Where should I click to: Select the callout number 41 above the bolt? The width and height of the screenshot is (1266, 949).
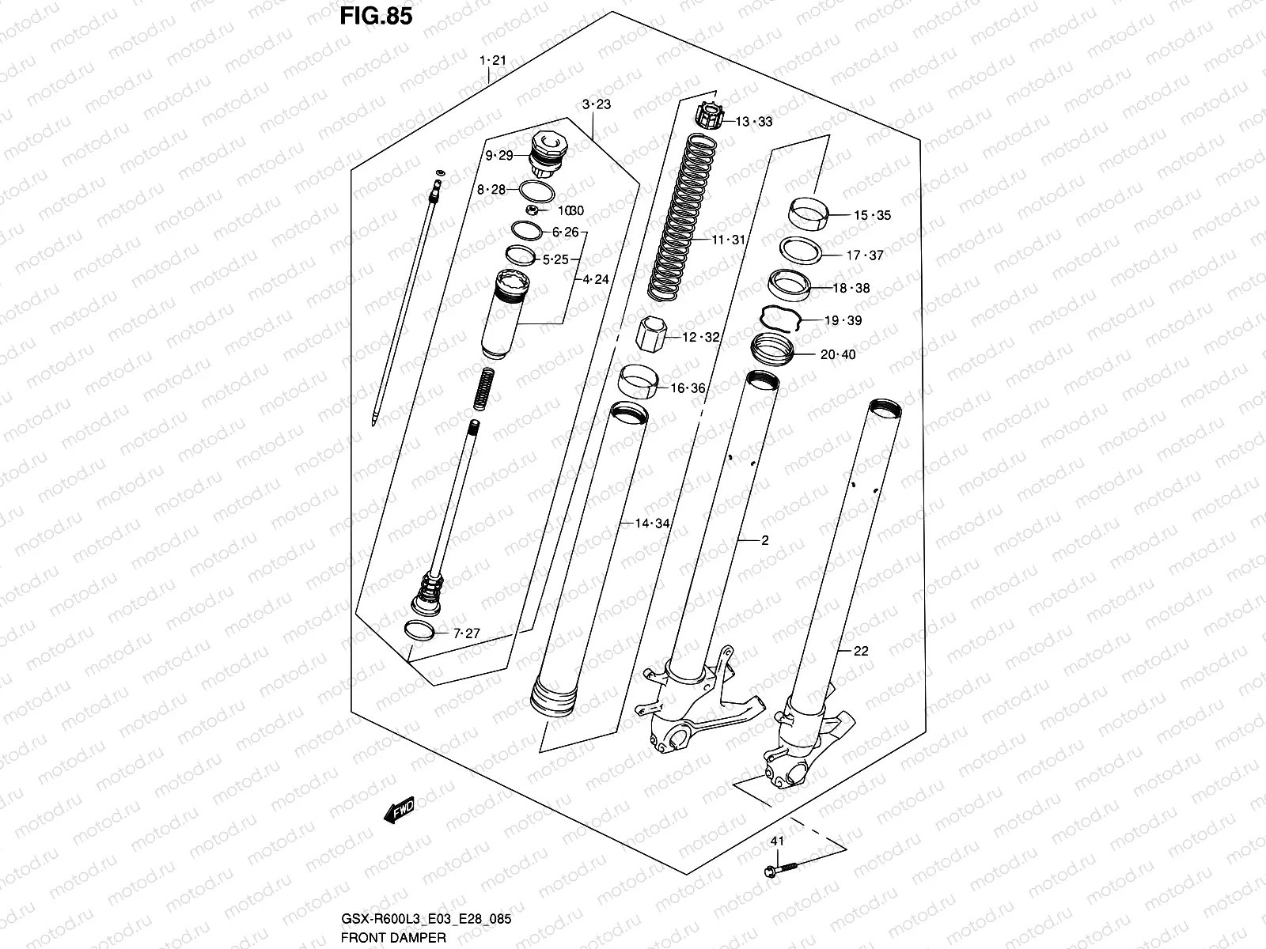(777, 841)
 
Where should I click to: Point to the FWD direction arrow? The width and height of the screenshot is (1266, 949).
(398, 811)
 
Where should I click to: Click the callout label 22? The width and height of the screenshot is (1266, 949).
(862, 651)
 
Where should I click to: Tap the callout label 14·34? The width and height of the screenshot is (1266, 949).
(652, 524)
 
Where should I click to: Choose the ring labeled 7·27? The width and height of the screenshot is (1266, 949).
(419, 630)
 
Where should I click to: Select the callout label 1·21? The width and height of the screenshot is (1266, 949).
(492, 60)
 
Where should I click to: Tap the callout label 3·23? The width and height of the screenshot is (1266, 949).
(597, 104)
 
